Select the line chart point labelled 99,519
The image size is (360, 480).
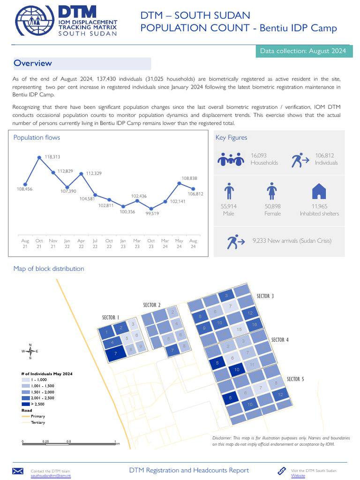pyautogui.click(x=151, y=209)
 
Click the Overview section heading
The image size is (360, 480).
pyautogui.click(x=33, y=63)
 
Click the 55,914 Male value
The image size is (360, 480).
pyautogui.click(x=229, y=210)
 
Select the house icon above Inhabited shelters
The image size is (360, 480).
pyautogui.click(x=319, y=191)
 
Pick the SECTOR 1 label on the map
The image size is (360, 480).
pyautogui.click(x=111, y=318)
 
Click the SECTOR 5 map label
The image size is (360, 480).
pyautogui.click(x=295, y=379)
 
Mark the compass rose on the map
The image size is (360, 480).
pyautogui.click(x=30, y=351)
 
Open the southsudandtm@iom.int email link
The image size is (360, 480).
pyautogui.click(x=51, y=475)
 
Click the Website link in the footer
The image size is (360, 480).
pyautogui.click(x=298, y=475)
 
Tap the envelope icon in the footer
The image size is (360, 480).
pyautogui.click(x=18, y=471)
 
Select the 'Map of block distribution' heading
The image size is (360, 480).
pyautogui.click(x=49, y=269)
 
